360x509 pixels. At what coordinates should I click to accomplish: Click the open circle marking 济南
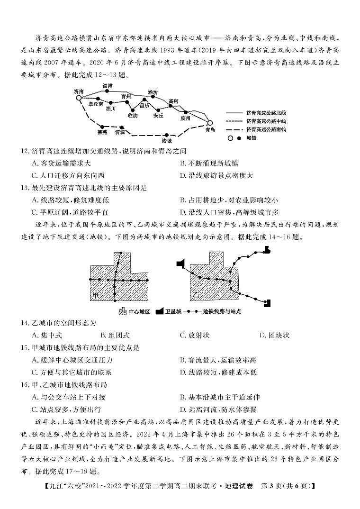79,98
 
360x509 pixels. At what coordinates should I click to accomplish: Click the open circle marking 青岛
210,123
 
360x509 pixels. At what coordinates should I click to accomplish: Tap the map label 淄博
108,86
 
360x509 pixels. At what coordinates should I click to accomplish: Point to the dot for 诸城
167,135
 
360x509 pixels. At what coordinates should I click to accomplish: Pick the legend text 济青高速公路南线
266,129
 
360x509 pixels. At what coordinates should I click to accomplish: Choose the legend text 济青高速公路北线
266,113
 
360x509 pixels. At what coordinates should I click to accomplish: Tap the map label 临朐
133,115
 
